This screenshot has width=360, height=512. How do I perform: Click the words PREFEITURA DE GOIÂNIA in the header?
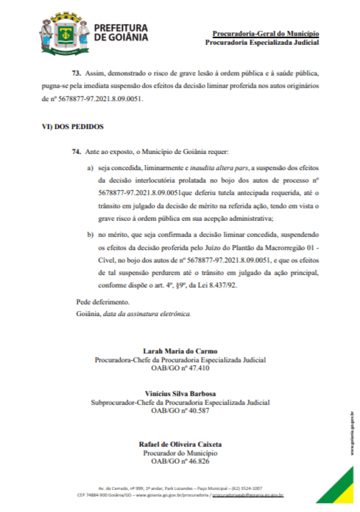(x=121, y=33)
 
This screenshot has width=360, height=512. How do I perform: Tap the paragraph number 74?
(x=75, y=152)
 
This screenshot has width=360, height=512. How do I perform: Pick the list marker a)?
(x=90, y=168)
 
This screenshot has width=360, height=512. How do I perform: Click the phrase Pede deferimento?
(x=103, y=303)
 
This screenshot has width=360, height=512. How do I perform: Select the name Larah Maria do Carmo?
(x=180, y=350)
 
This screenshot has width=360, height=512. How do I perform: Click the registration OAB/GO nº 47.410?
(x=180, y=368)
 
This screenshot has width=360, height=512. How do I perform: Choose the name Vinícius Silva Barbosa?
(x=180, y=393)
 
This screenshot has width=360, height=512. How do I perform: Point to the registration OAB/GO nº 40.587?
(x=180, y=411)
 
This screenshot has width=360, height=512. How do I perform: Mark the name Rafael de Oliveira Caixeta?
(x=180, y=444)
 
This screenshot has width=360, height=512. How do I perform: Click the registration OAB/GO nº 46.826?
(x=180, y=461)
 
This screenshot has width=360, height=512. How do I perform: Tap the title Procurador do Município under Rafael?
(x=180, y=453)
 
